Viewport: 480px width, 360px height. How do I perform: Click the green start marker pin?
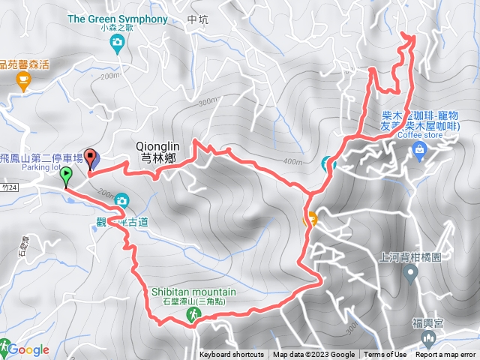point(66,177)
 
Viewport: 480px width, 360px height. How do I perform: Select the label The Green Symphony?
point(118,17)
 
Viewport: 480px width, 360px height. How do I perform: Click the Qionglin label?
point(160,147)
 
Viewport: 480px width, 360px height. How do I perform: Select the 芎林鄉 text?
point(160,158)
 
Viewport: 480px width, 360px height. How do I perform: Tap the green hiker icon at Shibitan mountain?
point(193,318)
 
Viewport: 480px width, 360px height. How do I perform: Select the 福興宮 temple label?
point(428,323)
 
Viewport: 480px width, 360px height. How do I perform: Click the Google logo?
point(28,349)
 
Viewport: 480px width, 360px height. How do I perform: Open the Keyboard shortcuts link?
point(231,355)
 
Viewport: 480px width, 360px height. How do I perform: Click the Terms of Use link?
point(385,355)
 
